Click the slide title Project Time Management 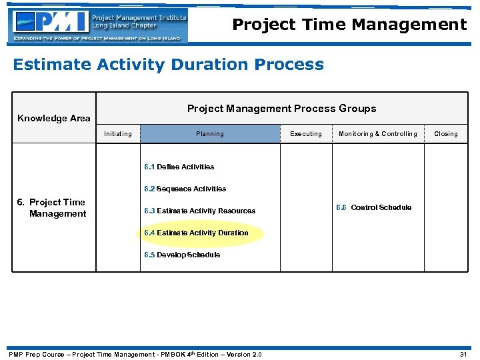[349, 25]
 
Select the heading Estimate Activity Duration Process [168, 65]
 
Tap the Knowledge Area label [53, 118]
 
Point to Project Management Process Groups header [281, 108]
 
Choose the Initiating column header [118, 134]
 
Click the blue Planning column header [210, 134]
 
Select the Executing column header [306, 134]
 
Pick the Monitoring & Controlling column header [377, 134]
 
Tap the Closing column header [446, 134]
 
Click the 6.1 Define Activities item [179, 167]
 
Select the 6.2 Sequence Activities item [185, 189]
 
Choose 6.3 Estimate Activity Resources [199, 211]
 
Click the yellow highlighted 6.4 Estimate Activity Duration [196, 233]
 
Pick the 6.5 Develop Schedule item [182, 255]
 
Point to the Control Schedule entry [373, 207]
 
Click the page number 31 [464, 354]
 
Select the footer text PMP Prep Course [134, 354]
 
